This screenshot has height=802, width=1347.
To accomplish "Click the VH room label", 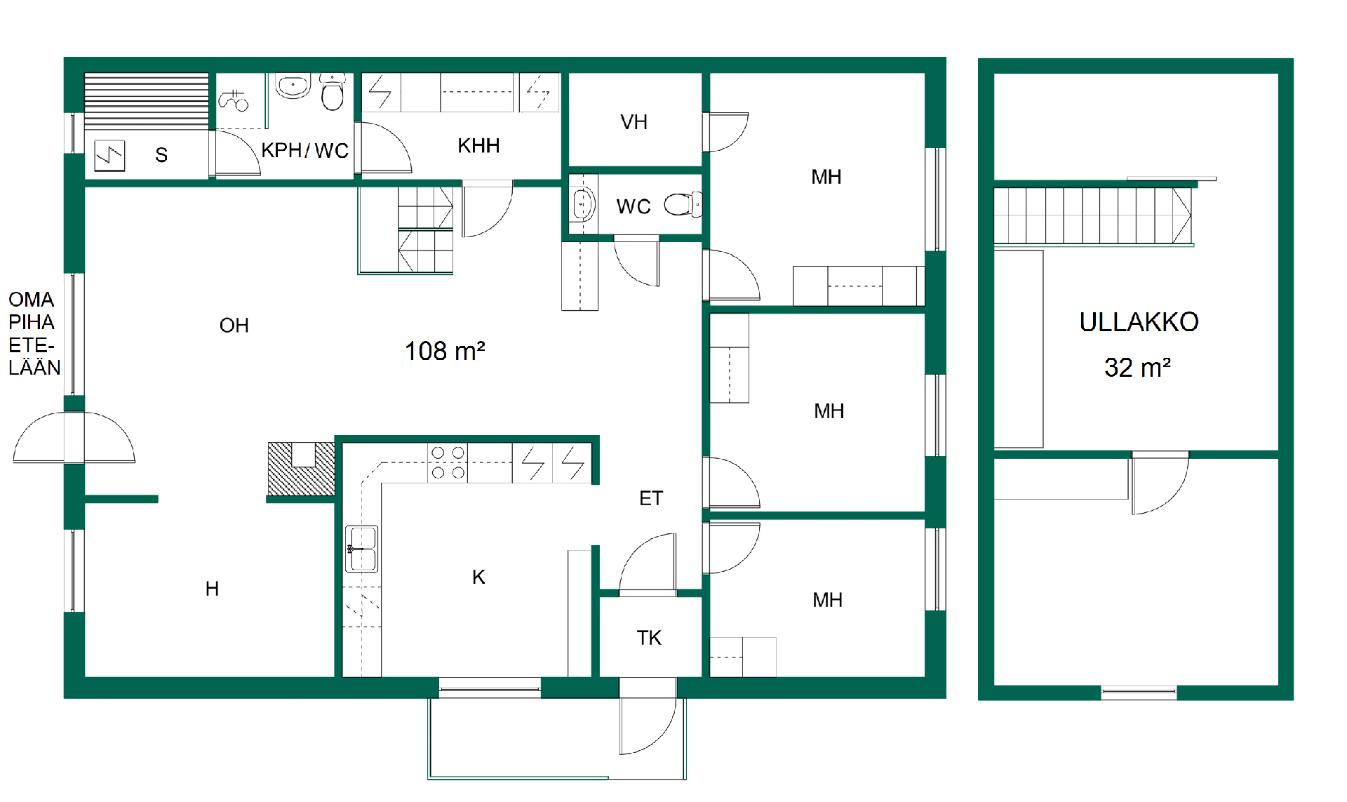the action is point(634,122).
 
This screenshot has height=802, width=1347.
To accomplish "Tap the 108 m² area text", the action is point(445,351).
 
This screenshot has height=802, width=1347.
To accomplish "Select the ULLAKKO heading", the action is point(1139,322).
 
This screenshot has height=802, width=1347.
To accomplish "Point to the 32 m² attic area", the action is point(1137,367).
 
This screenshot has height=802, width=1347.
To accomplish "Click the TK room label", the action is point(649,638).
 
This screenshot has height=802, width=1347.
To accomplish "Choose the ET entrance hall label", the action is point(651,498).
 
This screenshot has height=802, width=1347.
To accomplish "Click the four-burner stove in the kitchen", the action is point(448,463).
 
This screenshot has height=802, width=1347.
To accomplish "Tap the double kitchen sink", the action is point(362,549).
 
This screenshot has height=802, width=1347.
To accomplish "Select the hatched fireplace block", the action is point(302,469).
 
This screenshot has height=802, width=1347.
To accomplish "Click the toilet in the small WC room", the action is point(683,204).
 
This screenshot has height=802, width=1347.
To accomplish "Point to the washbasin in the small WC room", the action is point(582,204).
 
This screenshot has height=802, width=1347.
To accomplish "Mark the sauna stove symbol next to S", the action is point(109,155).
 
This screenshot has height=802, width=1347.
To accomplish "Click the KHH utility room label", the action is point(478,146).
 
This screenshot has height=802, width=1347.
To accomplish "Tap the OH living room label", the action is point(234,326).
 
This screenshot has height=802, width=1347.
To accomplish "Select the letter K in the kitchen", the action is point(478,577).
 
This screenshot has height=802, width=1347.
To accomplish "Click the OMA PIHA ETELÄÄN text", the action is point(34,333).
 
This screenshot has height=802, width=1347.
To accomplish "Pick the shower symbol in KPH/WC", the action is point(234,100).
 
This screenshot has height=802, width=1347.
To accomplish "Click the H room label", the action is point(212,589).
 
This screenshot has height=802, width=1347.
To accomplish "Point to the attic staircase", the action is point(1092,215).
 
